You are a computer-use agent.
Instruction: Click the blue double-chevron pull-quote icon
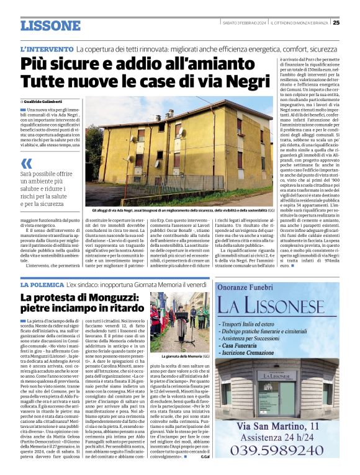pos(27,164)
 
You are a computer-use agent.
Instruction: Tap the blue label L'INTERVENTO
pos(47,48)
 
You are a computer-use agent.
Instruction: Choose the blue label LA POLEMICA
pos(42,284)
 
